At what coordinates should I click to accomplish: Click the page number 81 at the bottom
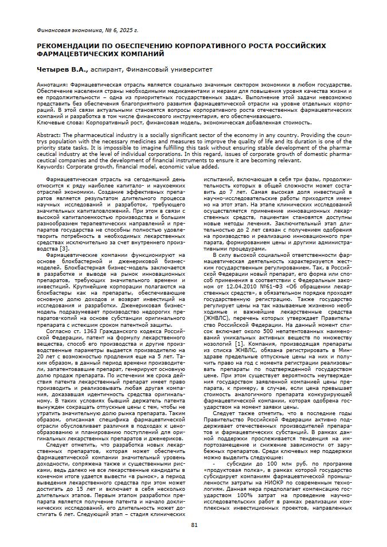point(194,525)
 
